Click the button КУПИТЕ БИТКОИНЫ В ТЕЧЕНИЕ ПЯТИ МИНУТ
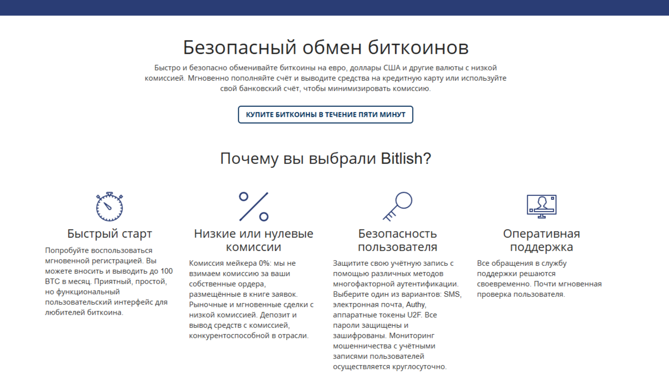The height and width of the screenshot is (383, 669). (x=325, y=114)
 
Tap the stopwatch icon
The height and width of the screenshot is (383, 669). (x=109, y=207)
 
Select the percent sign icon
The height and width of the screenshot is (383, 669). (x=254, y=206)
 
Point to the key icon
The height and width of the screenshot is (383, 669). (x=398, y=206)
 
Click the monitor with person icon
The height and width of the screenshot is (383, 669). (x=542, y=206)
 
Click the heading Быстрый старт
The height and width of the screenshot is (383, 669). (x=110, y=234)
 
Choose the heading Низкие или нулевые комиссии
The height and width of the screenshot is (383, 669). (x=254, y=240)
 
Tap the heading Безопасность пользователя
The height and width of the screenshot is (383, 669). (x=398, y=240)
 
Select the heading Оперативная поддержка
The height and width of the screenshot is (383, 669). (x=542, y=240)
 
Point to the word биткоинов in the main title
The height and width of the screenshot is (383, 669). (x=418, y=47)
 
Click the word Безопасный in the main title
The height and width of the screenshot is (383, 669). (x=240, y=47)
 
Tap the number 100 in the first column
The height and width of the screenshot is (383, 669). (x=166, y=271)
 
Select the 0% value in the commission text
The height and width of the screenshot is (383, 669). (x=264, y=263)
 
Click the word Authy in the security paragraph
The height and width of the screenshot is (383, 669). (x=415, y=305)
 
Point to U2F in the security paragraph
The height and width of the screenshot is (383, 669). (x=415, y=315)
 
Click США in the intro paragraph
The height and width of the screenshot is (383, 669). (x=391, y=68)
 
